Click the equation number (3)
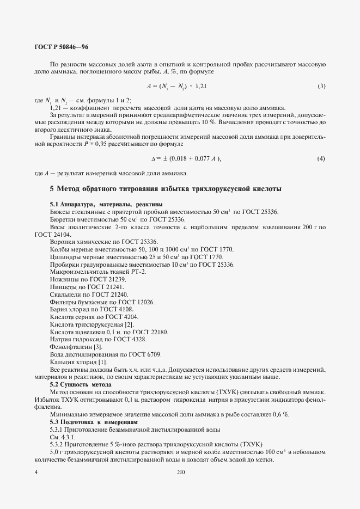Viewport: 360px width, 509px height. [x=321, y=86]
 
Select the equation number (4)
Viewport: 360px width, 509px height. [x=321, y=158]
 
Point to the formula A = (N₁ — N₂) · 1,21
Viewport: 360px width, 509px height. [x=176, y=86]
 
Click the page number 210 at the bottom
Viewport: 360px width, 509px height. [x=181, y=473]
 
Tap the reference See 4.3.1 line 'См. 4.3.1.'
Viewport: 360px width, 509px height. [x=63, y=437]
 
